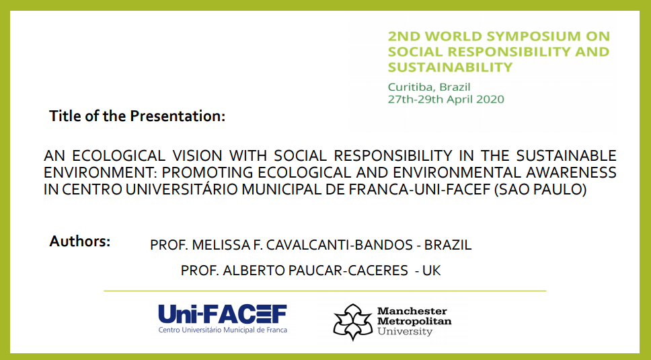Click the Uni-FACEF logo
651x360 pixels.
[223, 318]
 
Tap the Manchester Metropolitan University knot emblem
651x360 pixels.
[353, 322]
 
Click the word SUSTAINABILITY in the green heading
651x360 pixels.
[450, 67]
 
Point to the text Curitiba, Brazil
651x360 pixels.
[429, 87]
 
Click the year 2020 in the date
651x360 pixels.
[490, 99]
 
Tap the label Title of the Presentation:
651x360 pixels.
[137, 116]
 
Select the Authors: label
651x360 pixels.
[80, 241]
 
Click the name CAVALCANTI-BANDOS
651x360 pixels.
[339, 245]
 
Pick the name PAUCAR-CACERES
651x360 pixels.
[348, 271]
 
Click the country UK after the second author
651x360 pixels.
[431, 271]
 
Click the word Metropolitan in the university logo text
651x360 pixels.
[414, 321]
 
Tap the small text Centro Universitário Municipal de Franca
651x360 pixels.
[223, 330]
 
